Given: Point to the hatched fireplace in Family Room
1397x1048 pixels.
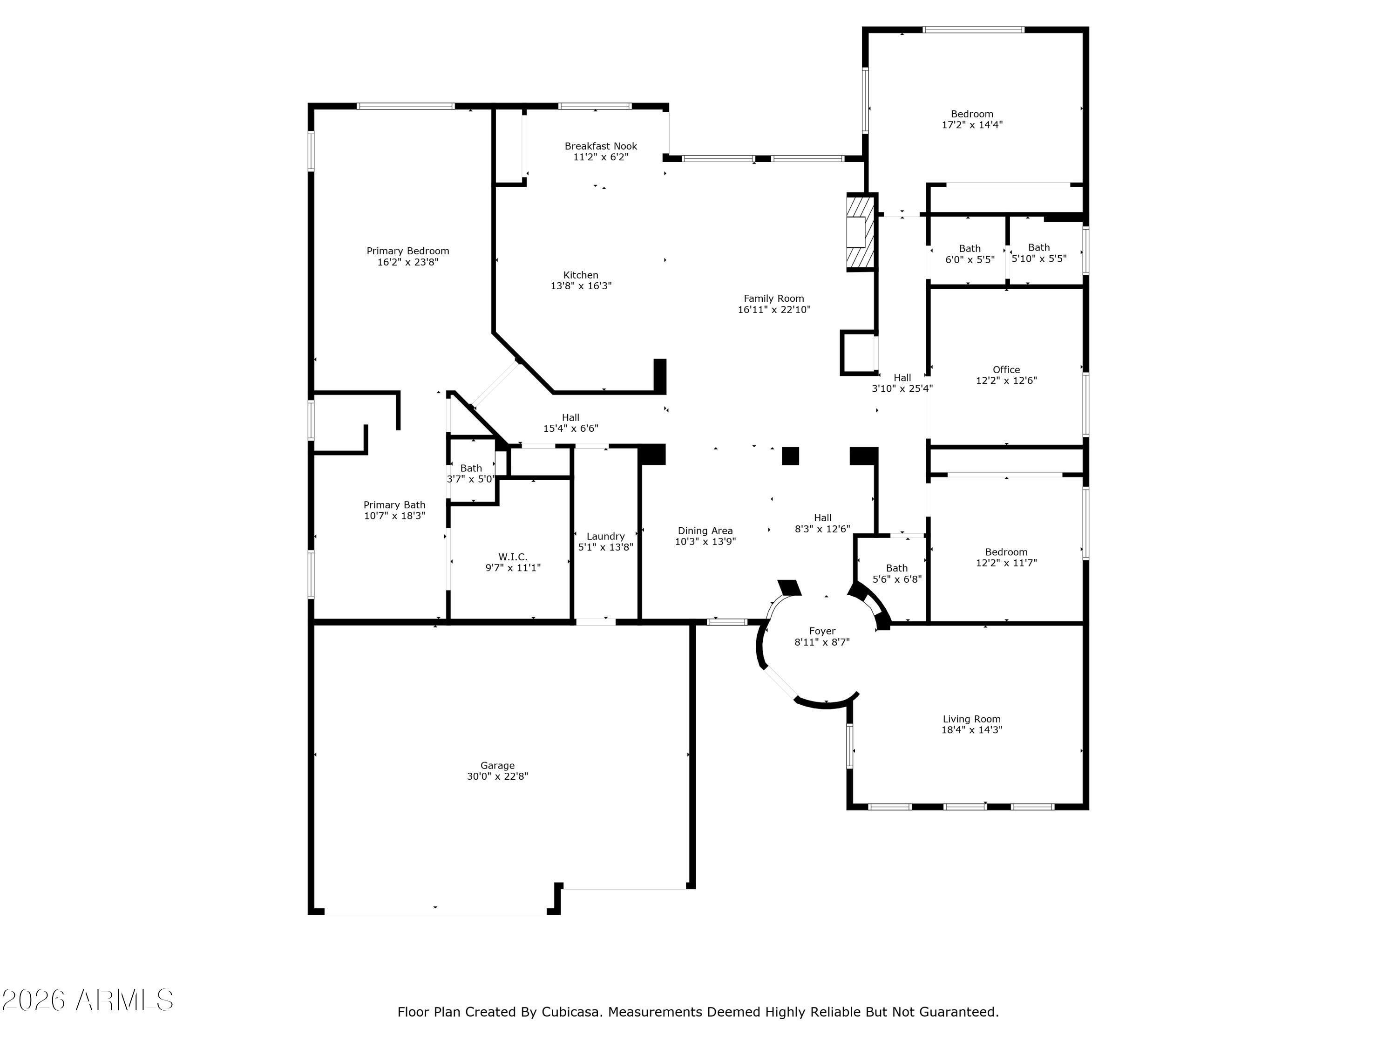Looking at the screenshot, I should coord(860,232).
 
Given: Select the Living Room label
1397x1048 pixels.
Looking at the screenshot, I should coord(971,719).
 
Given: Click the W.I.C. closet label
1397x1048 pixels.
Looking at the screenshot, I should coord(512,557).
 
